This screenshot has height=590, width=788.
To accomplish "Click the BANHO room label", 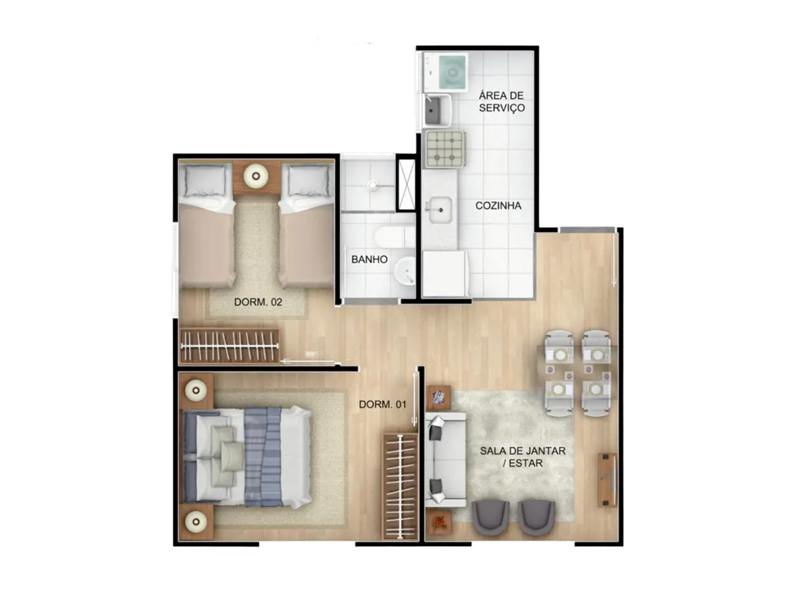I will pyautogui.click(x=369, y=260).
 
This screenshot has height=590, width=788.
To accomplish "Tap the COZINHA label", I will pyautogui.click(x=498, y=206).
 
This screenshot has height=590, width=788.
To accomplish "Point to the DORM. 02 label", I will pyautogui.click(x=257, y=303).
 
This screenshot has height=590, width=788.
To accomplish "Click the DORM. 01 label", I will pyautogui.click(x=382, y=405).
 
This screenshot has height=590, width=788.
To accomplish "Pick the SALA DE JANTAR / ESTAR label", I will pyautogui.click(x=523, y=457).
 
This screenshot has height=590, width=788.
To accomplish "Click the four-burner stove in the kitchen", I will pyautogui.click(x=445, y=148).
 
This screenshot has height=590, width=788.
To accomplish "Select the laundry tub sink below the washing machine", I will pyautogui.click(x=436, y=110).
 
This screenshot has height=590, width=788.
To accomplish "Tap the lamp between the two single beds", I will pyautogui.click(x=256, y=175).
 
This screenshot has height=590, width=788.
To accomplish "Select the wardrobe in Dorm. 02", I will pyautogui.click(x=229, y=346).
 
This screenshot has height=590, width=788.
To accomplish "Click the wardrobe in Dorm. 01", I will pyautogui.click(x=401, y=487).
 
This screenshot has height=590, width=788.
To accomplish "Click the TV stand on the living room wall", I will pyautogui.click(x=607, y=480).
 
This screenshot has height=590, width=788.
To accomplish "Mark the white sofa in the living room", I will pyautogui.click(x=445, y=460).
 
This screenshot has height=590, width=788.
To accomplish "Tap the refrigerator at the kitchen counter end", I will pyautogui.click(x=445, y=274).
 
